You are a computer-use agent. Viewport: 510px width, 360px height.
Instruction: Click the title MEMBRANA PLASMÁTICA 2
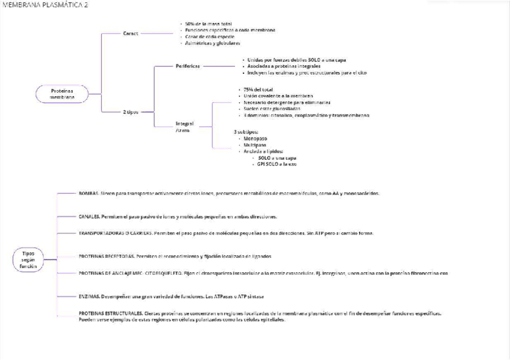click(x=45, y=5)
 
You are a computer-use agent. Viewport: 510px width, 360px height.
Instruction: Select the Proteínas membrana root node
click(x=62, y=94)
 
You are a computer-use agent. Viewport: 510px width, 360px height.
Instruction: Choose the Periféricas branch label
click(x=188, y=66)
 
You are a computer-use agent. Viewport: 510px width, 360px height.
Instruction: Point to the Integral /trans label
click(x=184, y=127)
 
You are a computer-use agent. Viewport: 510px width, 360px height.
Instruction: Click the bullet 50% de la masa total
click(x=208, y=23)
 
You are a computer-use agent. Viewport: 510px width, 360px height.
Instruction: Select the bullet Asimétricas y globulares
click(x=212, y=43)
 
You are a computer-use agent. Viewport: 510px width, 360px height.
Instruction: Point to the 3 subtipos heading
click(x=246, y=131)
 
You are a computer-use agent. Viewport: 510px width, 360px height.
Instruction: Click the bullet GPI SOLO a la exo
click(x=277, y=164)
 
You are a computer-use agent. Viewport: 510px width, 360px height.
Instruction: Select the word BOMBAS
click(x=88, y=194)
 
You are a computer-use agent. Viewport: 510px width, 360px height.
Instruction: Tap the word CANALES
click(x=89, y=216)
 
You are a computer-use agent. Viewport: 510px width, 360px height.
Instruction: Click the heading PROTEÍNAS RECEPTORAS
click(x=106, y=256)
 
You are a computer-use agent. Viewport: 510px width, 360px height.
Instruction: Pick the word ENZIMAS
click(x=89, y=296)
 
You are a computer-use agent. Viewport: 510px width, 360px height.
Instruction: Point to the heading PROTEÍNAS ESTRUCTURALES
click(x=111, y=313)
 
